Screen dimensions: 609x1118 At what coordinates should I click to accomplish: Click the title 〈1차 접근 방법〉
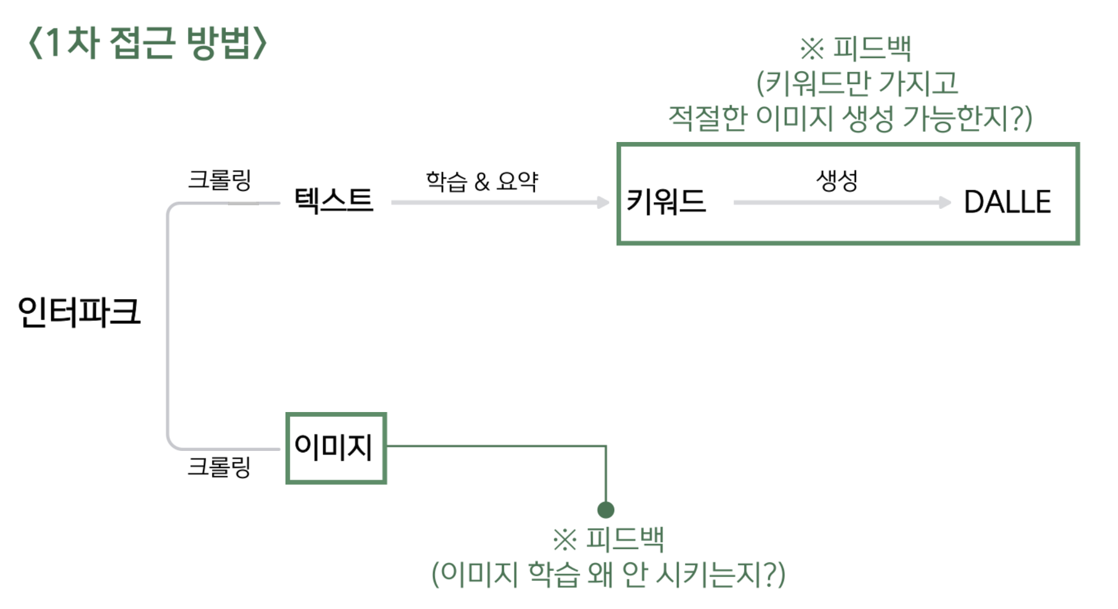(x=148, y=43)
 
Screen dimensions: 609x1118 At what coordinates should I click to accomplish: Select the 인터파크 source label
(x=79, y=311)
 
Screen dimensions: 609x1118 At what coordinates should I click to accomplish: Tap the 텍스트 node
(x=334, y=200)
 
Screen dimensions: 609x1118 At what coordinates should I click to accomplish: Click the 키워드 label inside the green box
(x=666, y=201)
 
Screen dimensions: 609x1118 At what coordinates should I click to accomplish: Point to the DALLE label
(x=1007, y=202)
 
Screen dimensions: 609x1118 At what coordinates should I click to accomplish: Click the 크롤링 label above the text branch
(x=219, y=180)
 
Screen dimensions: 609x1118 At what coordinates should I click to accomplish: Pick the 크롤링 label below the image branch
(x=219, y=466)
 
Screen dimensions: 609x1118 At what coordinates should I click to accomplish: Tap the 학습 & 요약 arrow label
(x=482, y=181)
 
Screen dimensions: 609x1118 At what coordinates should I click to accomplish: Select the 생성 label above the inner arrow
(x=837, y=181)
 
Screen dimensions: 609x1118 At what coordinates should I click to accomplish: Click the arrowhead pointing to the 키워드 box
(x=603, y=202)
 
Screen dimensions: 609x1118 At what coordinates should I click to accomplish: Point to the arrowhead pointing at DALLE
(x=945, y=202)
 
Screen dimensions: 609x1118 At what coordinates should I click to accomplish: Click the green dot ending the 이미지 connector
(x=606, y=510)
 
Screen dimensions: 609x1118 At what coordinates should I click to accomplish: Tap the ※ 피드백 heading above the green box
(x=855, y=48)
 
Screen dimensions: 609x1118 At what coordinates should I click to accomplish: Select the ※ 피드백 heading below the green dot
(x=609, y=539)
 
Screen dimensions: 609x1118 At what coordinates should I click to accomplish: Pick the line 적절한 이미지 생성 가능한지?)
(x=850, y=118)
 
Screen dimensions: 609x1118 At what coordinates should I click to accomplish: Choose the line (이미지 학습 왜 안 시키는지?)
(x=609, y=574)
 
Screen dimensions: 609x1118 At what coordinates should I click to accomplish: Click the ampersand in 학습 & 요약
(x=482, y=182)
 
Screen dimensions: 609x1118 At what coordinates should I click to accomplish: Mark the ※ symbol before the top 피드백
(x=812, y=49)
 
